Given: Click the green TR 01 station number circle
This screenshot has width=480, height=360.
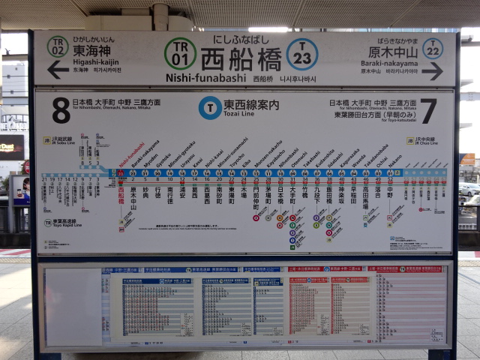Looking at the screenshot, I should (x=180, y=53).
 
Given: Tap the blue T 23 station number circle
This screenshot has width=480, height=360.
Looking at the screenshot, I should (x=301, y=54).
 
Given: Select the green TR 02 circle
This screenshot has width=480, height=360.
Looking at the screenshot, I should (x=58, y=46).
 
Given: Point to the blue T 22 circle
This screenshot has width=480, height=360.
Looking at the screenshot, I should (x=432, y=48).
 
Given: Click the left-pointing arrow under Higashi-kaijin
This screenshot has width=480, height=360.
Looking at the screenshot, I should (x=58, y=70).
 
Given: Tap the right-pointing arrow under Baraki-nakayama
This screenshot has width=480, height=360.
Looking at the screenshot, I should (x=432, y=71).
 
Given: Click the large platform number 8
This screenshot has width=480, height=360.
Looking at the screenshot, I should (x=61, y=109).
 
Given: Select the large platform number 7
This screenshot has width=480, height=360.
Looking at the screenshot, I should (x=427, y=110).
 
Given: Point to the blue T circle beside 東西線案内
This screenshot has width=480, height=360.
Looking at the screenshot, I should (x=210, y=107).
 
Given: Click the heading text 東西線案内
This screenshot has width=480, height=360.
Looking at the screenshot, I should (x=251, y=104).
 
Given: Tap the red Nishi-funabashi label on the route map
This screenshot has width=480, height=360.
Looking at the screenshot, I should (x=132, y=155).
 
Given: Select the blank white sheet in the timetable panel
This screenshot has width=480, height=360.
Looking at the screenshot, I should (x=73, y=307).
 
